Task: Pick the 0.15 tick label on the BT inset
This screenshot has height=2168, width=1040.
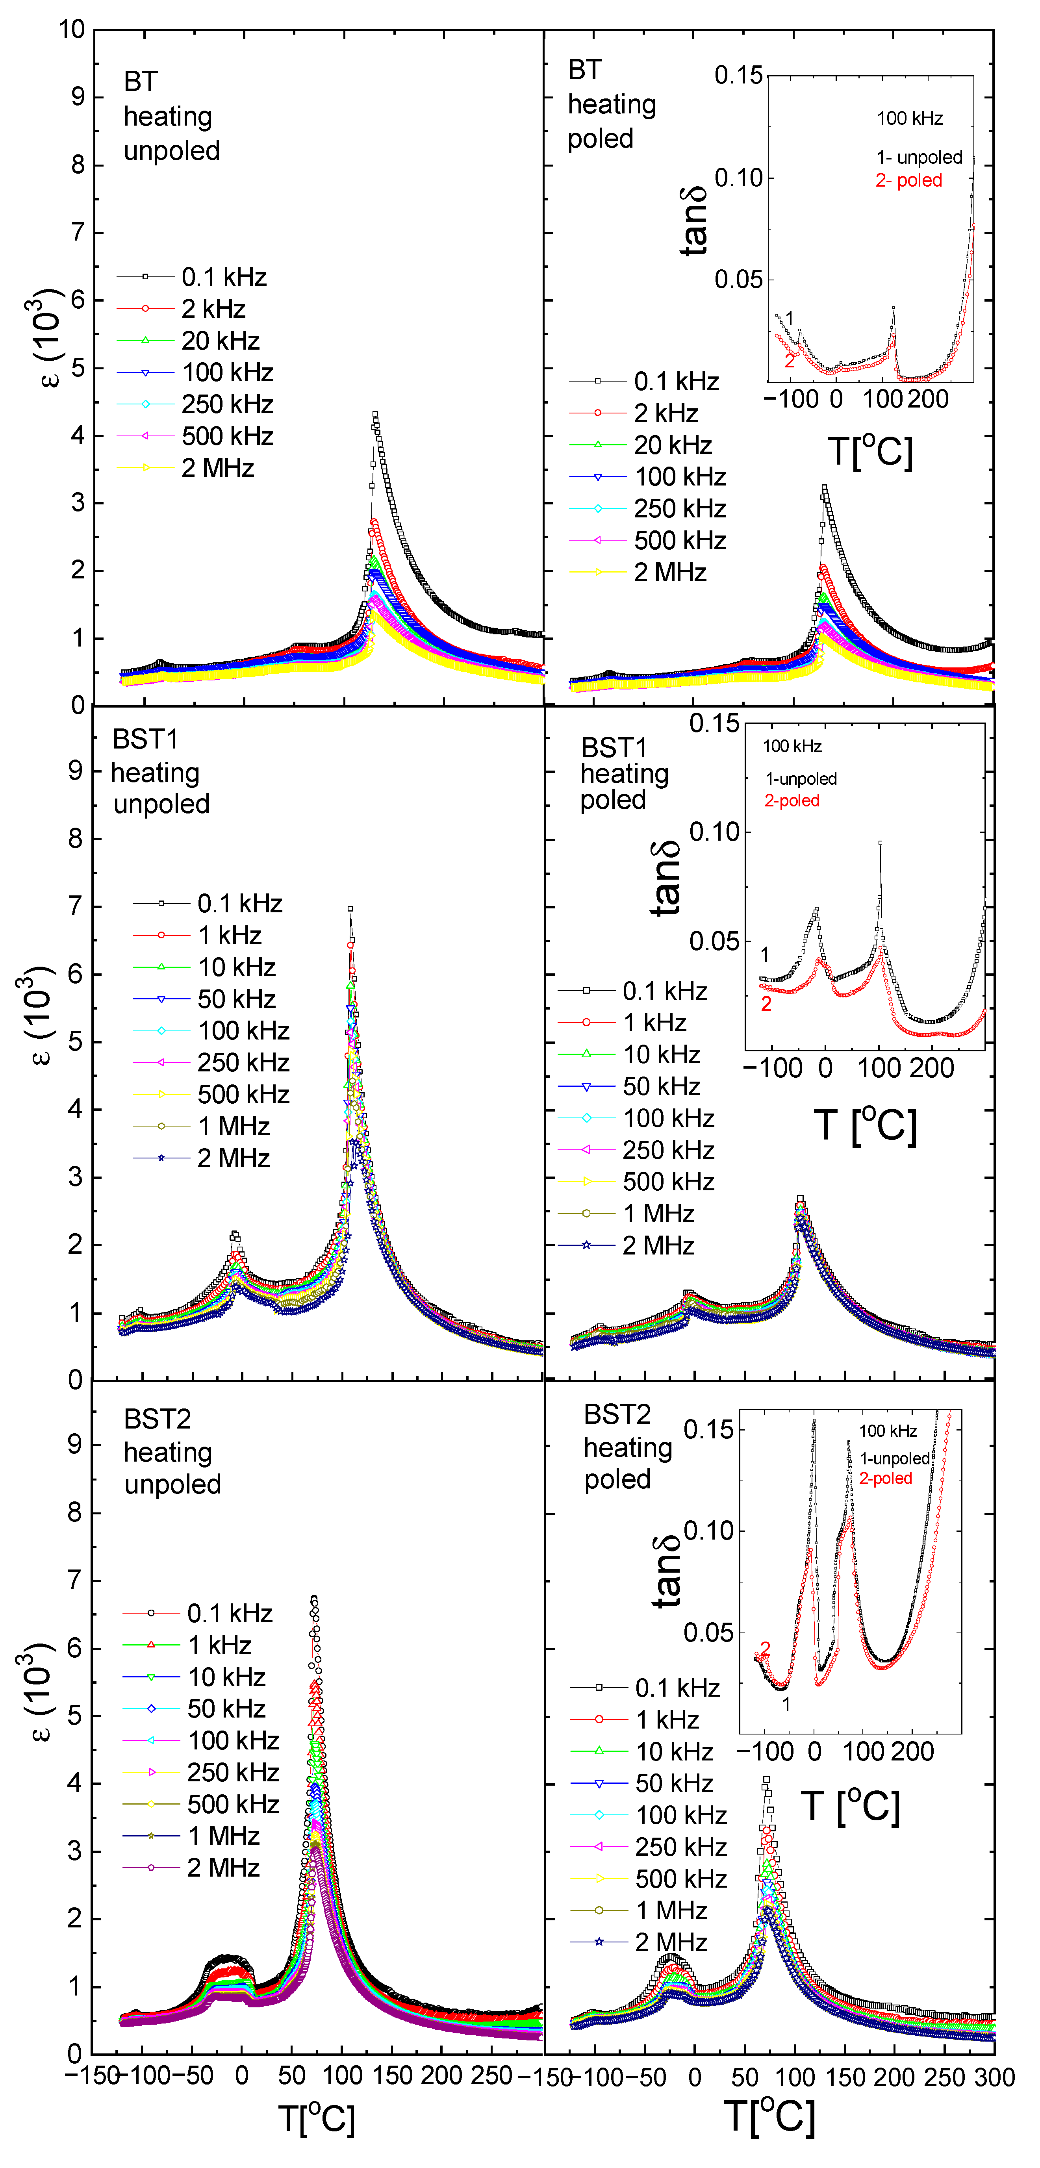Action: point(738,76)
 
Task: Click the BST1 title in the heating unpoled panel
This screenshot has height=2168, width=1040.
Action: point(145,739)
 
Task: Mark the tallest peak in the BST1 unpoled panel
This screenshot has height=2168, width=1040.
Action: point(350,909)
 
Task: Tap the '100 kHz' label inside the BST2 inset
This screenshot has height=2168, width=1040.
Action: point(888,1431)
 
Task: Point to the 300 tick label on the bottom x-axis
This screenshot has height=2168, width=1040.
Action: point(995,2077)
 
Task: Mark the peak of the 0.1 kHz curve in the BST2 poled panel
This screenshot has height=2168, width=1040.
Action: point(766,1780)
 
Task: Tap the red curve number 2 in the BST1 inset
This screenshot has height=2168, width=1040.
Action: point(766,1004)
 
